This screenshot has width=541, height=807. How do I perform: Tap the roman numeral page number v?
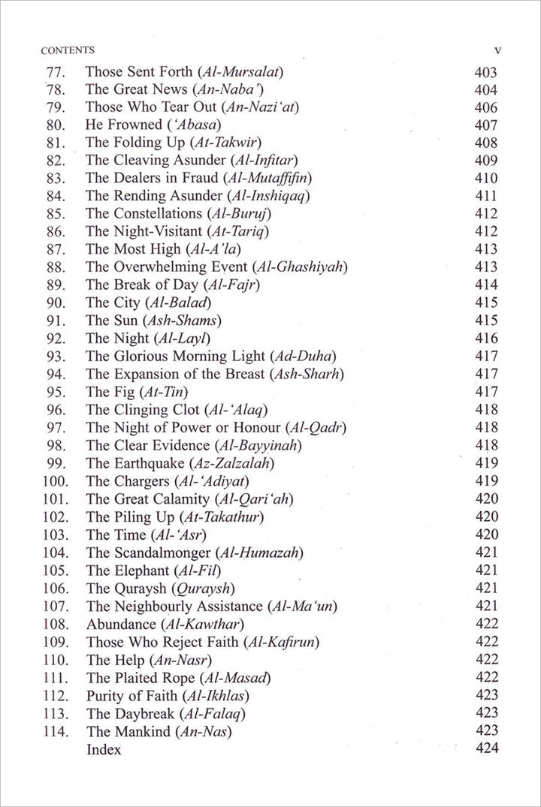tap(497, 51)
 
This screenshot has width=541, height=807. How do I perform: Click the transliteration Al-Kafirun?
tap(283, 640)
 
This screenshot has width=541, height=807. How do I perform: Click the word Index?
tap(104, 748)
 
